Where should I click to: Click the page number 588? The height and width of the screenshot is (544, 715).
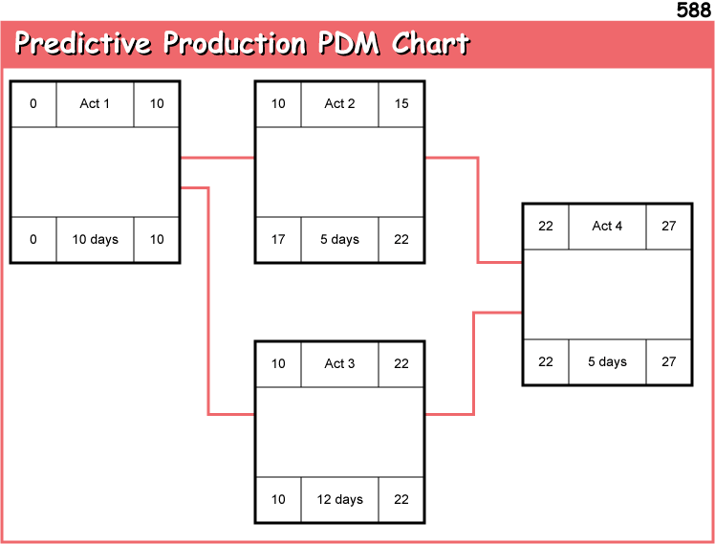click(x=693, y=11)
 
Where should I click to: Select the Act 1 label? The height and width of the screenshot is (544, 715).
click(x=95, y=103)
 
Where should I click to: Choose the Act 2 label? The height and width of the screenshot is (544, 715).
click(x=339, y=103)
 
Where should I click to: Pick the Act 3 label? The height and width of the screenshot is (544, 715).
click(x=339, y=363)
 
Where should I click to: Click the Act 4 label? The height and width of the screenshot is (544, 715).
click(x=607, y=226)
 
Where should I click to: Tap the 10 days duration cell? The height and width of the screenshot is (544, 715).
click(x=95, y=239)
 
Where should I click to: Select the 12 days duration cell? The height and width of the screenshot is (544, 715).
click(x=339, y=499)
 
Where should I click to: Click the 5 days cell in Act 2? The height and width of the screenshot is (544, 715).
click(x=339, y=239)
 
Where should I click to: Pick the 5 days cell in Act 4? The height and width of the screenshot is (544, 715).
click(x=607, y=361)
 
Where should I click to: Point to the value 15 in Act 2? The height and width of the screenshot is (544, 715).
click(x=401, y=103)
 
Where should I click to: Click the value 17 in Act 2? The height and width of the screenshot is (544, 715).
click(x=278, y=239)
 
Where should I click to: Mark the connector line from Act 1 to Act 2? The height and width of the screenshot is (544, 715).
click(x=217, y=158)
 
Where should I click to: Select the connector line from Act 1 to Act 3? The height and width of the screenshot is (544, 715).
click(x=208, y=306)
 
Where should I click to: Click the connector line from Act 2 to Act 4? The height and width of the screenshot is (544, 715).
click(x=478, y=210)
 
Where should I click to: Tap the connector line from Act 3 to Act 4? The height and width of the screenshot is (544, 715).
click(x=474, y=363)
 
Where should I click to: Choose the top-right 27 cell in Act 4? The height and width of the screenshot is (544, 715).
click(x=668, y=226)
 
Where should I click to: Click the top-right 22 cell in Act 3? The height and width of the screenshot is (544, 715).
click(x=401, y=363)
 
